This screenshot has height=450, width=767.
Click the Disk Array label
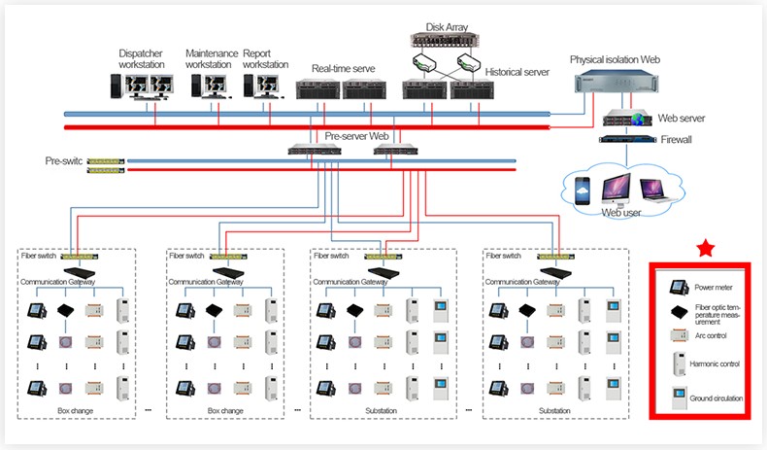click(x=447, y=27)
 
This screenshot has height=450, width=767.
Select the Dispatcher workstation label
click(x=142, y=58)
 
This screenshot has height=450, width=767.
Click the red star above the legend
click(x=705, y=250)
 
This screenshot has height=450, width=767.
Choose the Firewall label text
click(x=677, y=140)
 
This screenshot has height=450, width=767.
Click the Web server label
click(x=681, y=118)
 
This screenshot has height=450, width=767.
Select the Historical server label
click(x=517, y=72)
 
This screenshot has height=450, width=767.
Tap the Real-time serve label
click(x=342, y=68)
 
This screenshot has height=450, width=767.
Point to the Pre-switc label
click(x=64, y=160)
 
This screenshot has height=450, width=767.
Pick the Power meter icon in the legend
click(x=677, y=288)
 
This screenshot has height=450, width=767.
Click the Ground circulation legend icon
click(x=677, y=398)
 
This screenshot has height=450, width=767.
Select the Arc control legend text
click(x=711, y=335)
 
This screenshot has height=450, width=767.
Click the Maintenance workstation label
click(x=209, y=58)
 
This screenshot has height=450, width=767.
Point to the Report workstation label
click(x=266, y=58)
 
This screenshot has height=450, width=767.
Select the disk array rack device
click(x=447, y=41)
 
